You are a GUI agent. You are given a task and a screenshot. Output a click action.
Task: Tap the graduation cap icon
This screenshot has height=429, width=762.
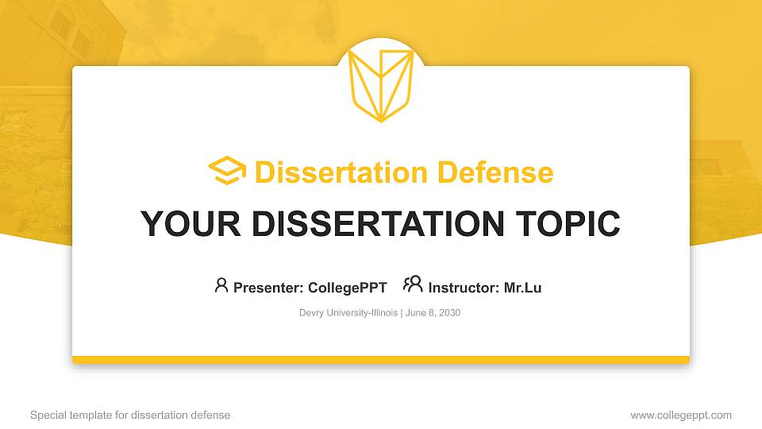(227, 171)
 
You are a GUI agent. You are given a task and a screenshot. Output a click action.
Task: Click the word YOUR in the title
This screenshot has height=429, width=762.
(177, 224)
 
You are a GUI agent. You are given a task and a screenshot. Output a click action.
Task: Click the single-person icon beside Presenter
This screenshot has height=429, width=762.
(221, 285)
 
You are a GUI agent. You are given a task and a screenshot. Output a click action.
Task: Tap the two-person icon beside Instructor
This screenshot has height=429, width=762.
(413, 284)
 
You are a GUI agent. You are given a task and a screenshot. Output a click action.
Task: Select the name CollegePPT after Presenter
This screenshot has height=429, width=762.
(348, 288)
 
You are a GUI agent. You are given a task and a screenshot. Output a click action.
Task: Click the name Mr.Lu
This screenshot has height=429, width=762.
(522, 288)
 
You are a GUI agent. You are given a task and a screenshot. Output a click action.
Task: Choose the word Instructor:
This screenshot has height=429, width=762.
(464, 288)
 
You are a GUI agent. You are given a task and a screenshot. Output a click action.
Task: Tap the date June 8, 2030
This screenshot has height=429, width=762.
(433, 313)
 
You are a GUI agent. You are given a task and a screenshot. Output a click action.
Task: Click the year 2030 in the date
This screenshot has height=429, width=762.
(448, 313)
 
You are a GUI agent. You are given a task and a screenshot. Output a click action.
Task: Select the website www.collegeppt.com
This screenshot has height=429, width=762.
(681, 415)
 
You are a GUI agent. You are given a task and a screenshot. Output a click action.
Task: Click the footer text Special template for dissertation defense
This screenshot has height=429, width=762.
(130, 415)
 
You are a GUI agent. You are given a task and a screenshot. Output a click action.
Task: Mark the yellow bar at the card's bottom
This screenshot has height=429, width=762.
(381, 360)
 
